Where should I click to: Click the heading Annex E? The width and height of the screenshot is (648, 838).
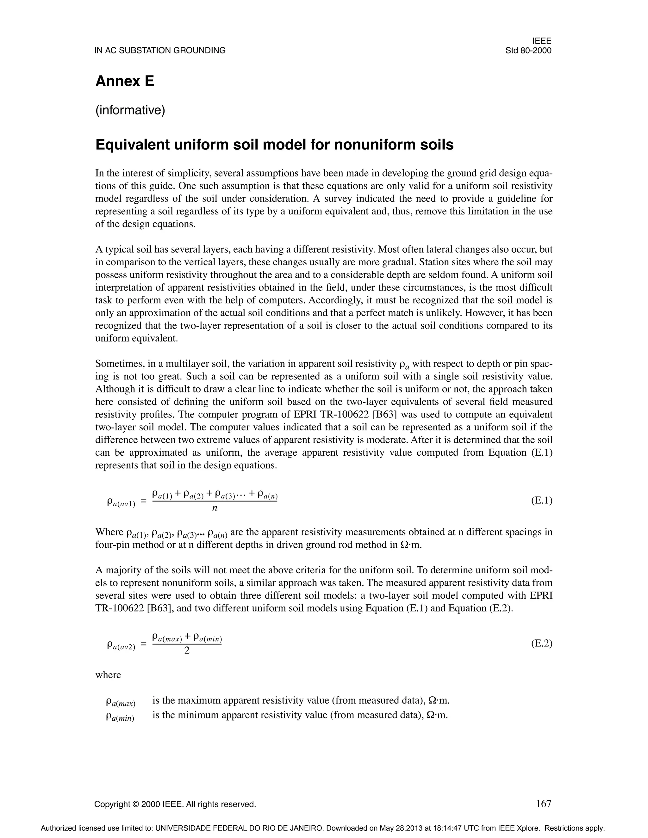click(x=125, y=81)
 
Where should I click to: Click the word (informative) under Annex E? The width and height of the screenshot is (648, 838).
click(x=130, y=110)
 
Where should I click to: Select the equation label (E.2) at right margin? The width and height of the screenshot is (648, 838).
click(x=542, y=644)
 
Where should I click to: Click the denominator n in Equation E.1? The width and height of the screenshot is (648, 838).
click(x=215, y=508)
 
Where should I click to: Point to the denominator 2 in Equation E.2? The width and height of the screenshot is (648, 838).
click(x=187, y=651)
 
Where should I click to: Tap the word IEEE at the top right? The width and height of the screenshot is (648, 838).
click(x=542, y=41)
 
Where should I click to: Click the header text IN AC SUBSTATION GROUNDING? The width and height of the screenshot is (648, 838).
click(x=160, y=51)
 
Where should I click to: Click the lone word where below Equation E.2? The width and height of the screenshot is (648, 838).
click(x=108, y=675)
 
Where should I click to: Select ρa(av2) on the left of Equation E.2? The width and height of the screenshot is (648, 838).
click(x=121, y=645)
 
